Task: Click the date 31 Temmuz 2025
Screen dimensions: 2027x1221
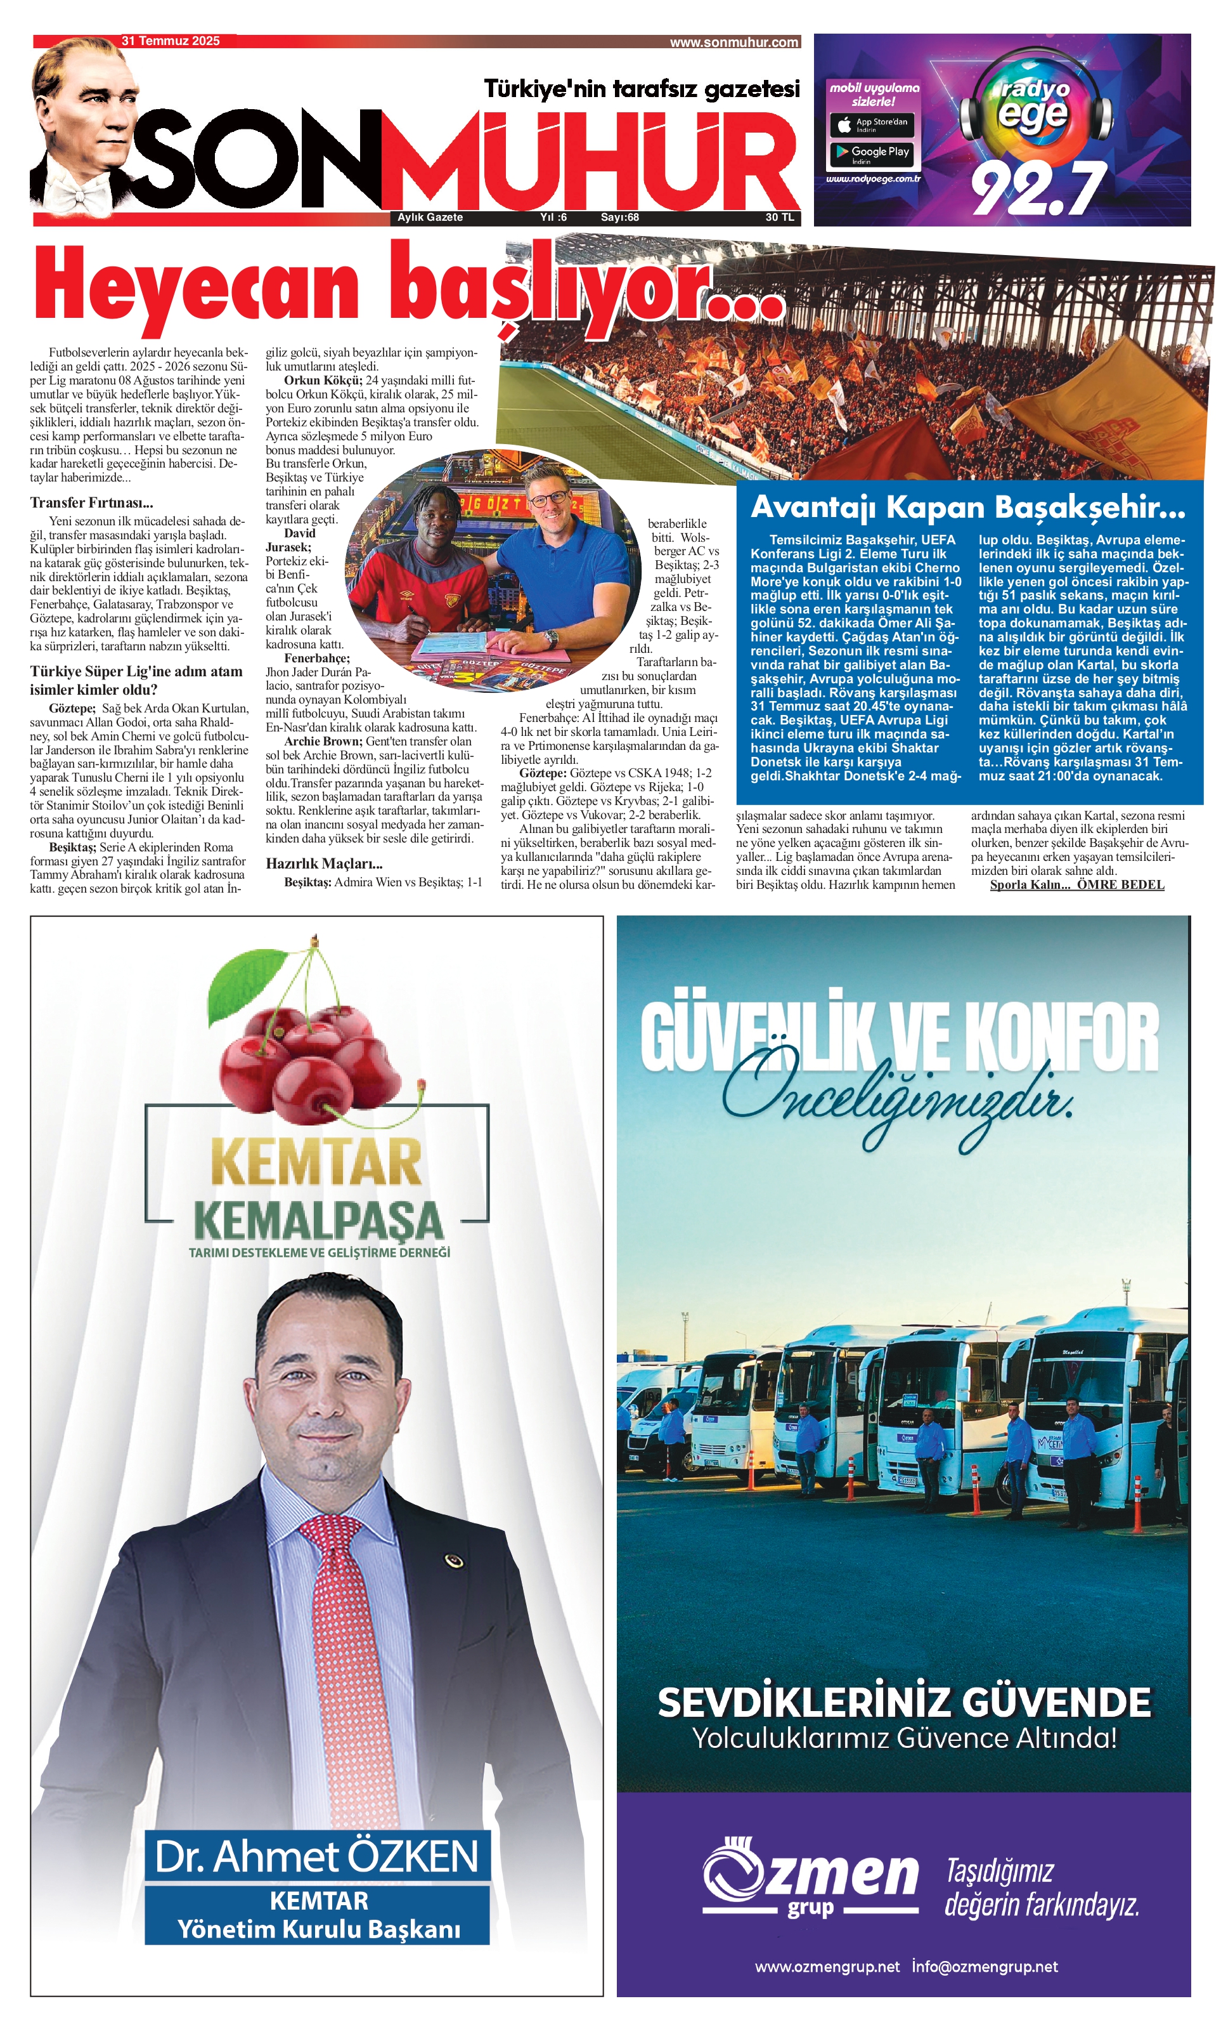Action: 170,41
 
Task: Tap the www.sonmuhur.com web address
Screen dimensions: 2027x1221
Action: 733,43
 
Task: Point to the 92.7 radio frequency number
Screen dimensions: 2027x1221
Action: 1038,189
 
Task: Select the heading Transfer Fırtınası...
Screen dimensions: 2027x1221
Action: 91,502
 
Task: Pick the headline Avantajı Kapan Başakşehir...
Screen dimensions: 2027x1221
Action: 968,508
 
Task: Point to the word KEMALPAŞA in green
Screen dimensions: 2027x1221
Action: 318,1221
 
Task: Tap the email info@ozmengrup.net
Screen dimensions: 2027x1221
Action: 984,1967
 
